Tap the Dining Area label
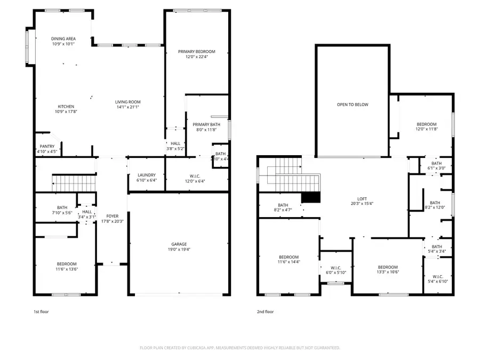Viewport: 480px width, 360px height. [x=63, y=38]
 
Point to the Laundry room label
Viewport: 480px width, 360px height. [x=146, y=175]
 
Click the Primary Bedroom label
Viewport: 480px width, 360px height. [x=196, y=51]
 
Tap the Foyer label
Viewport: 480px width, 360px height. [x=112, y=216]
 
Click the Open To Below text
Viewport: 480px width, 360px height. [x=352, y=105]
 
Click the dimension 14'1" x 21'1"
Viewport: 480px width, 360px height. [x=127, y=107]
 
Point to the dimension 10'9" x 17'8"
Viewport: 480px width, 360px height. [x=66, y=112]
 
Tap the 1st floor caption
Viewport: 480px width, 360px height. [x=41, y=311]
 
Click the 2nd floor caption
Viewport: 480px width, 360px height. [x=265, y=311]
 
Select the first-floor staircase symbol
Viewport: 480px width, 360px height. [x=75, y=185]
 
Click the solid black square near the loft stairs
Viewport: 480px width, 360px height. [x=311, y=197]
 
